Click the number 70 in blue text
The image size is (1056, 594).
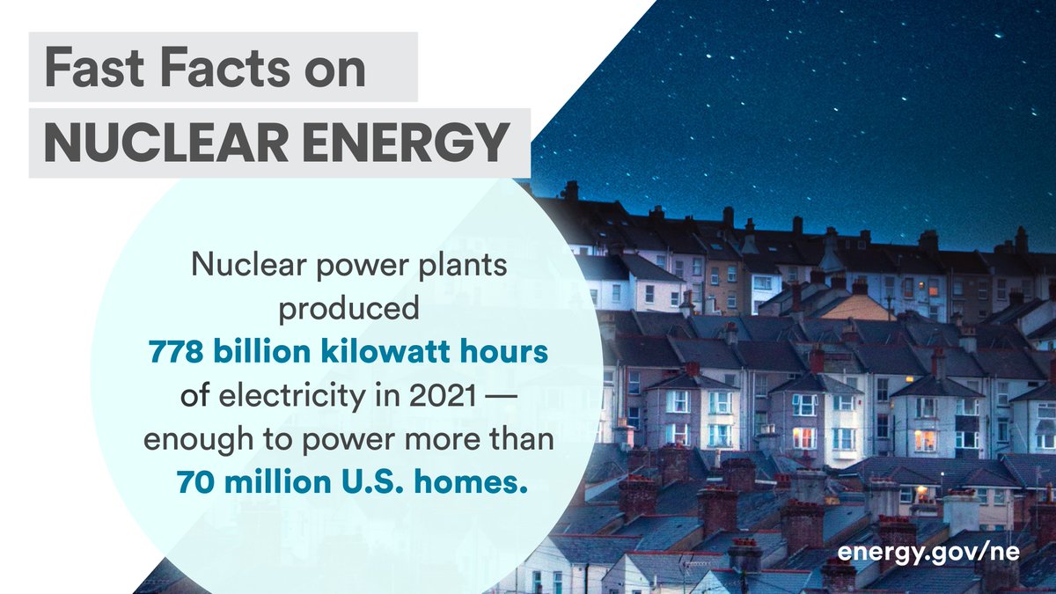coord(195,481)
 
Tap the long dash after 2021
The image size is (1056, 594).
coord(501,398)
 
